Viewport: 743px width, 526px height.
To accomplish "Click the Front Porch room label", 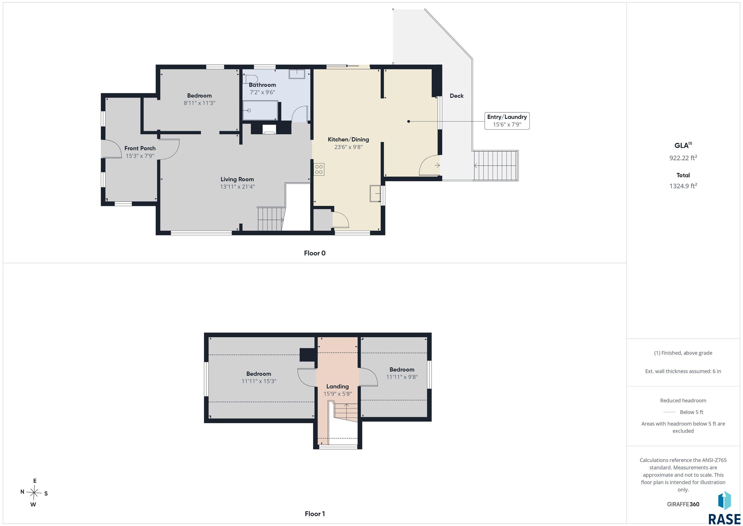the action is (140, 148).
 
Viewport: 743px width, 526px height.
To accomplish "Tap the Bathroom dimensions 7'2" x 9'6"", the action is (262, 92).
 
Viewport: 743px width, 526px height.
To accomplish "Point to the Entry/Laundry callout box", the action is (507, 121).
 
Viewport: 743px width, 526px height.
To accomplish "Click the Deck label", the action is (457, 96).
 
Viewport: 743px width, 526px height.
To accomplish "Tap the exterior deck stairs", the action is (496, 166).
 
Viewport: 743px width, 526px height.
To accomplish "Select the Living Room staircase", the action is (271, 219).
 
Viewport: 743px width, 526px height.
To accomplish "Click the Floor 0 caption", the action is (315, 253).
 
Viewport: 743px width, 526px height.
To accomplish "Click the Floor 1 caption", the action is (315, 514).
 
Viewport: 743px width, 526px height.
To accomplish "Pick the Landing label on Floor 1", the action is (338, 386).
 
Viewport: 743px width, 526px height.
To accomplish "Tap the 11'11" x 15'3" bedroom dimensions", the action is (259, 381).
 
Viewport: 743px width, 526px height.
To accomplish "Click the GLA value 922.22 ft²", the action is (683, 158).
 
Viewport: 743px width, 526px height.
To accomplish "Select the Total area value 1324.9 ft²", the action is (683, 186).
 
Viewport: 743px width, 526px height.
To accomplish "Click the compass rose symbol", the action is (34, 493).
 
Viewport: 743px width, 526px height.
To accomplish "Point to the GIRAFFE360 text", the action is (683, 504).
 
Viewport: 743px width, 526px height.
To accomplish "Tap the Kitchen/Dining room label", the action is (348, 140).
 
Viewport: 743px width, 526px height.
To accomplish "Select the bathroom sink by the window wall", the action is (297, 74).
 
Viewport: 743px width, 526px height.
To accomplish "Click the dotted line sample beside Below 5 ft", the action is (669, 412).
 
